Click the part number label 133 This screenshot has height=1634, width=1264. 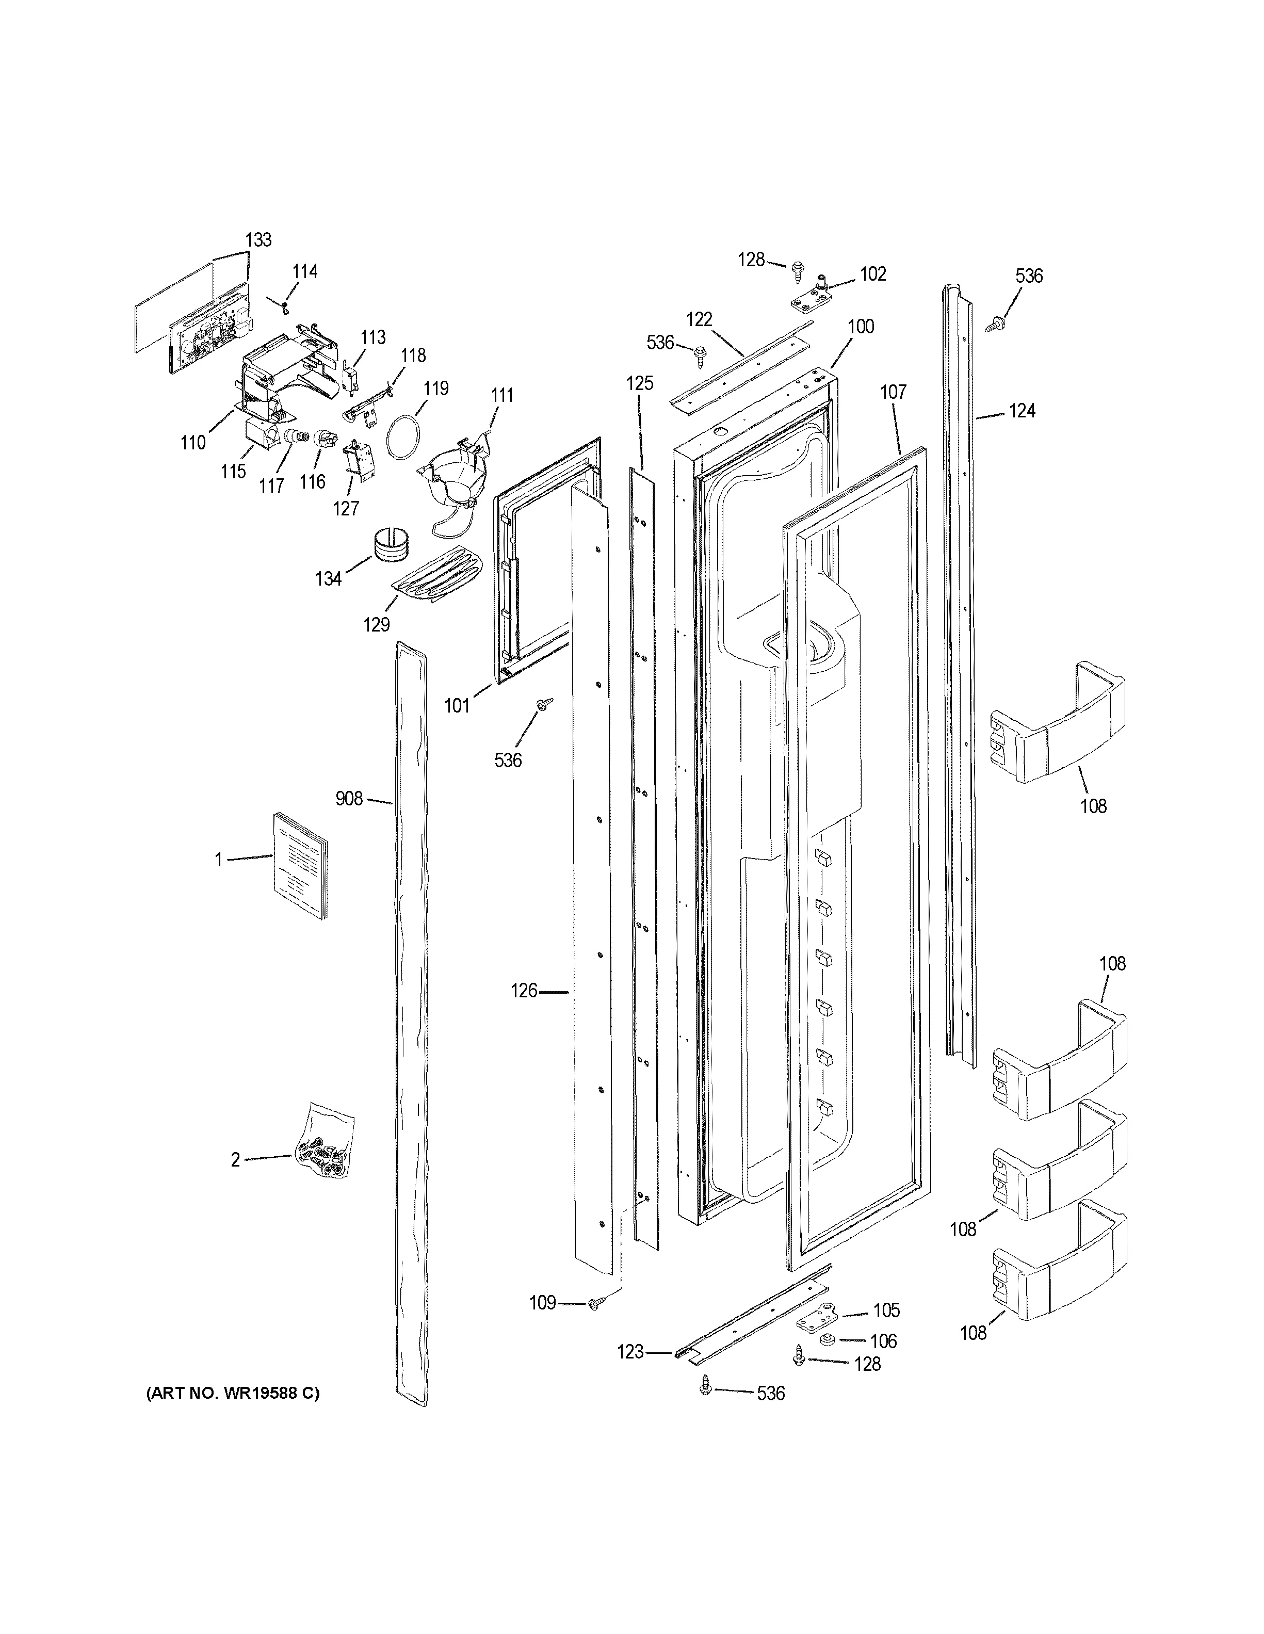[x=258, y=240]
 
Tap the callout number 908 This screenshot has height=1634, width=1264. [x=349, y=799]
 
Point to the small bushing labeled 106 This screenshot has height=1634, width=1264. [x=827, y=1339]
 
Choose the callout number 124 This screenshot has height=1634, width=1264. [x=1022, y=411]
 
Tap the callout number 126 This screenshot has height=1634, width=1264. [x=524, y=991]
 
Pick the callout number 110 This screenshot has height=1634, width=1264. [x=193, y=442]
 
